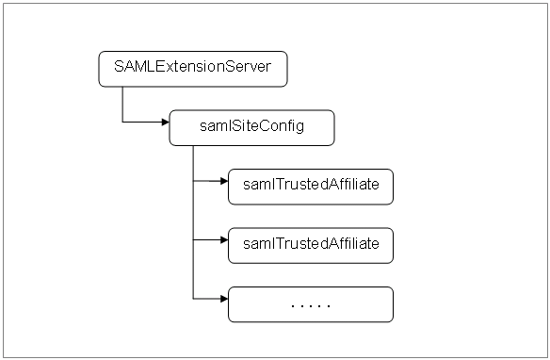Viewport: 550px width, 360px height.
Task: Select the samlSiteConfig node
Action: tap(251, 127)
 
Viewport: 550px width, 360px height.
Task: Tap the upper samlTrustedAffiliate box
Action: tap(310, 186)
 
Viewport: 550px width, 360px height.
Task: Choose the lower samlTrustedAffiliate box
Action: tap(310, 244)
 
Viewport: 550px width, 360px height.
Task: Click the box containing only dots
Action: tap(310, 304)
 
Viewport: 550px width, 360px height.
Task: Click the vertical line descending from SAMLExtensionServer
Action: tap(122, 104)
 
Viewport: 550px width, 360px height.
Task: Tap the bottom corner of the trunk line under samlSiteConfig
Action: tap(193, 299)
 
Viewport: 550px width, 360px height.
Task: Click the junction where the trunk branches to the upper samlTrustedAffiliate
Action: tap(193, 183)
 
